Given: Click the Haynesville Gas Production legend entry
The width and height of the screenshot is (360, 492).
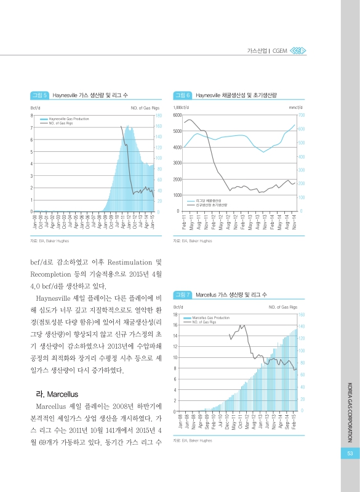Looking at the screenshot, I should coord(68,118).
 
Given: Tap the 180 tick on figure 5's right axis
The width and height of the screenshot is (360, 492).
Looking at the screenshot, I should coord(158,115).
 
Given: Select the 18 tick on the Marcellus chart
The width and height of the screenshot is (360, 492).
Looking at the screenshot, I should coord(176,314).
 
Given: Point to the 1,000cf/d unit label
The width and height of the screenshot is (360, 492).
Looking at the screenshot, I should coord(182,108).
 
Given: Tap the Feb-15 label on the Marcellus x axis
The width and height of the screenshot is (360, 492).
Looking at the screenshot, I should coord(294,421).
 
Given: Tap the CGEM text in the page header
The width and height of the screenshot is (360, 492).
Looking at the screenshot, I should coord(280,50).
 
